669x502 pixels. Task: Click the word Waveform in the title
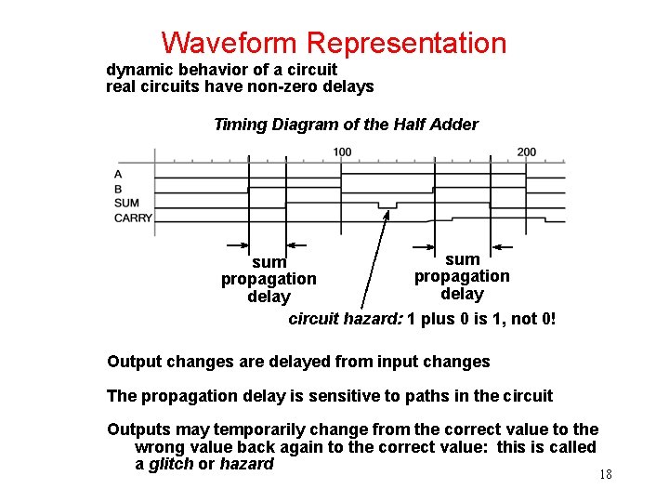pos(230,43)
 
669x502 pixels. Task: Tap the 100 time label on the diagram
pos(342,152)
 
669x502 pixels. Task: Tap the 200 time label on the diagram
pos(527,152)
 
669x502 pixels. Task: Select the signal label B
pos(118,189)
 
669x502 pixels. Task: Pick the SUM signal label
pos(126,204)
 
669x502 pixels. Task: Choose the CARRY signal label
pos(133,218)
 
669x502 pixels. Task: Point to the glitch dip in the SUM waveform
pos(387,205)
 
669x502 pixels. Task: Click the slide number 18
pos(605,475)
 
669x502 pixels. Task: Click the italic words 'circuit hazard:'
pos(346,320)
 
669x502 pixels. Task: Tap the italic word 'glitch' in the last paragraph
pos(171,464)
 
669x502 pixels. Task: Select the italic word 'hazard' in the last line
pos(246,464)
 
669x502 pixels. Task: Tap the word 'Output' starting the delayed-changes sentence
pos(133,362)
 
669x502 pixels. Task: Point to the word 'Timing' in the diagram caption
pos(240,125)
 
